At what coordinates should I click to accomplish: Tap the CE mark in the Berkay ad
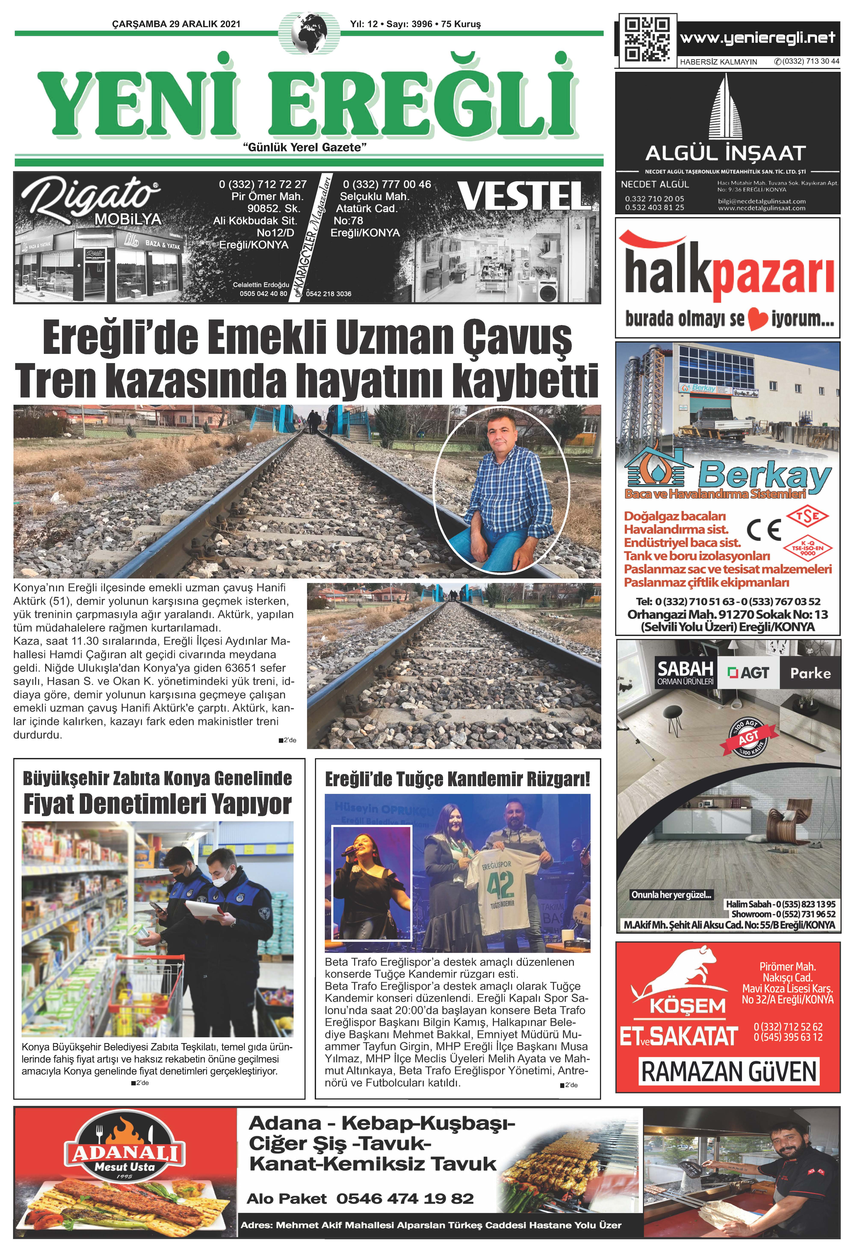pyautogui.click(x=764, y=530)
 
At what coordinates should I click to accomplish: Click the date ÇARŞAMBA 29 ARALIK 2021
pyautogui.click(x=176, y=24)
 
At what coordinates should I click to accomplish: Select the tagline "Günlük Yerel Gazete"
pyautogui.click(x=305, y=147)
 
